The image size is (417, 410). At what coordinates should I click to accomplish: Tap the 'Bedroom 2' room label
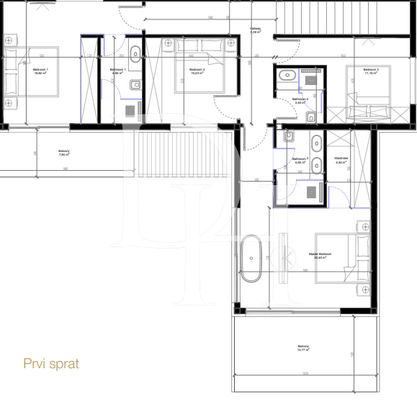click(197, 71)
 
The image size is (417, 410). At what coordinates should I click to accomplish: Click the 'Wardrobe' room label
click(341, 159)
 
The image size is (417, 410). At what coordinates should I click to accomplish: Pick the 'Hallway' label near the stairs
click(255, 30)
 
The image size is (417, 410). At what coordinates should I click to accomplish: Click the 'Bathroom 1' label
click(117, 71)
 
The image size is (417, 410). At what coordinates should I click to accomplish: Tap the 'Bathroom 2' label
click(302, 100)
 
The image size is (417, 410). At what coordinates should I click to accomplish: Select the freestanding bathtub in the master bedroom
click(251, 257)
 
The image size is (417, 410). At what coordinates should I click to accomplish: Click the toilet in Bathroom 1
click(135, 86)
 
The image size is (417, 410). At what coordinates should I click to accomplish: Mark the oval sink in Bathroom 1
click(135, 51)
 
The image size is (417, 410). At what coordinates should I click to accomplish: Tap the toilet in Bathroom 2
click(310, 117)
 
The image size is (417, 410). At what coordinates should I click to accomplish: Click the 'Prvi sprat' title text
click(51, 364)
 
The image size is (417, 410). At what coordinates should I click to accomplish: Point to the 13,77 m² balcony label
click(303, 349)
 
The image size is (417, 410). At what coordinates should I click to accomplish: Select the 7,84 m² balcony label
click(64, 152)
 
